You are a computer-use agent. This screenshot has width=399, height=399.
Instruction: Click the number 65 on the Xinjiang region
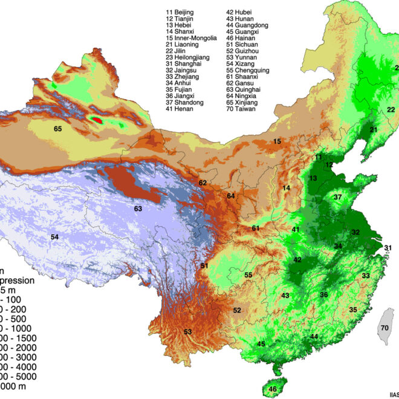click(x=57, y=129)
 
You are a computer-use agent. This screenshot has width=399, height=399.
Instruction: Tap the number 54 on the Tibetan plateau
click(x=54, y=237)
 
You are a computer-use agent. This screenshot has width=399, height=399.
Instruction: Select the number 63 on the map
click(x=138, y=209)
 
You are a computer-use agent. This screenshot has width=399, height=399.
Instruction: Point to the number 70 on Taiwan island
click(x=384, y=328)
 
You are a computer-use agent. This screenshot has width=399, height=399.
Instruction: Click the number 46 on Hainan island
click(x=273, y=389)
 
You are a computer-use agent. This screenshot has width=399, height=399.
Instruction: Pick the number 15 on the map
click(x=277, y=141)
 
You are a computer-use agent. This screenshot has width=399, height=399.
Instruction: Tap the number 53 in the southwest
click(x=187, y=331)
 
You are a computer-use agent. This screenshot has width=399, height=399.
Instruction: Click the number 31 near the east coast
click(x=388, y=248)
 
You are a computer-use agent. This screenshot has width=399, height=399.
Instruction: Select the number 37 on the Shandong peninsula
click(x=339, y=197)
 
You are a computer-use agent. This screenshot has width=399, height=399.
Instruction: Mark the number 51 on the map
click(x=204, y=266)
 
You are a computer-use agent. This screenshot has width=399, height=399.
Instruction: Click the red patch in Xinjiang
click(x=97, y=120)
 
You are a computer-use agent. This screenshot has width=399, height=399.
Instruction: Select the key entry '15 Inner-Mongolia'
click(x=191, y=38)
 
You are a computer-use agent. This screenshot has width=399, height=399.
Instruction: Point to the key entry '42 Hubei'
click(x=240, y=11)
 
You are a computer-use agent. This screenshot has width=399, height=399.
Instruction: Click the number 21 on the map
click(x=373, y=130)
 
